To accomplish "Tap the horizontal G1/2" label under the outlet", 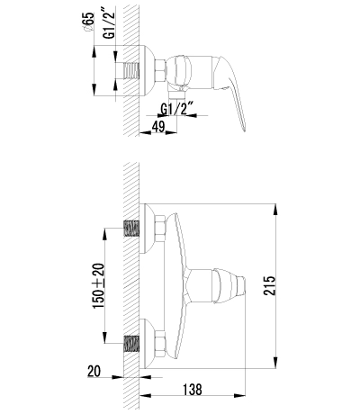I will click(177, 112).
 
